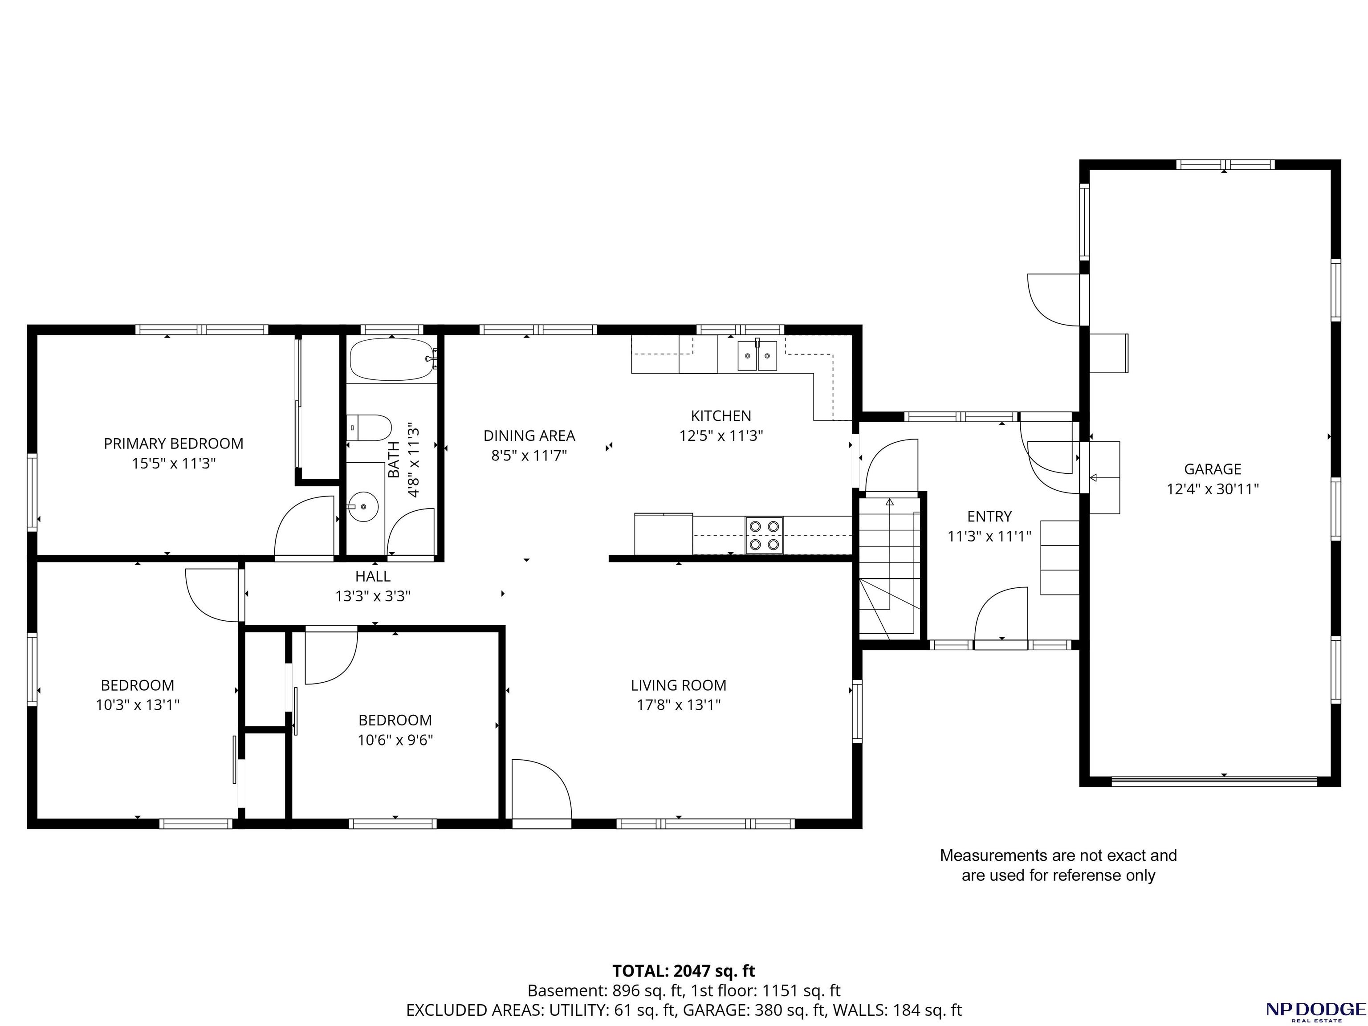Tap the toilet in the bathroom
tap(369, 428)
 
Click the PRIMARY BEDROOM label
tap(174, 444)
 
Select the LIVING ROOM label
tap(679, 685)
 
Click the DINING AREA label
tap(529, 436)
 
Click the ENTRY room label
tap(989, 517)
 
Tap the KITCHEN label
tap(721, 415)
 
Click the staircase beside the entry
tap(890, 566)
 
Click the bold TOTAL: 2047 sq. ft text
tap(684, 971)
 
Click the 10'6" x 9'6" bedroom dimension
tap(395, 740)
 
